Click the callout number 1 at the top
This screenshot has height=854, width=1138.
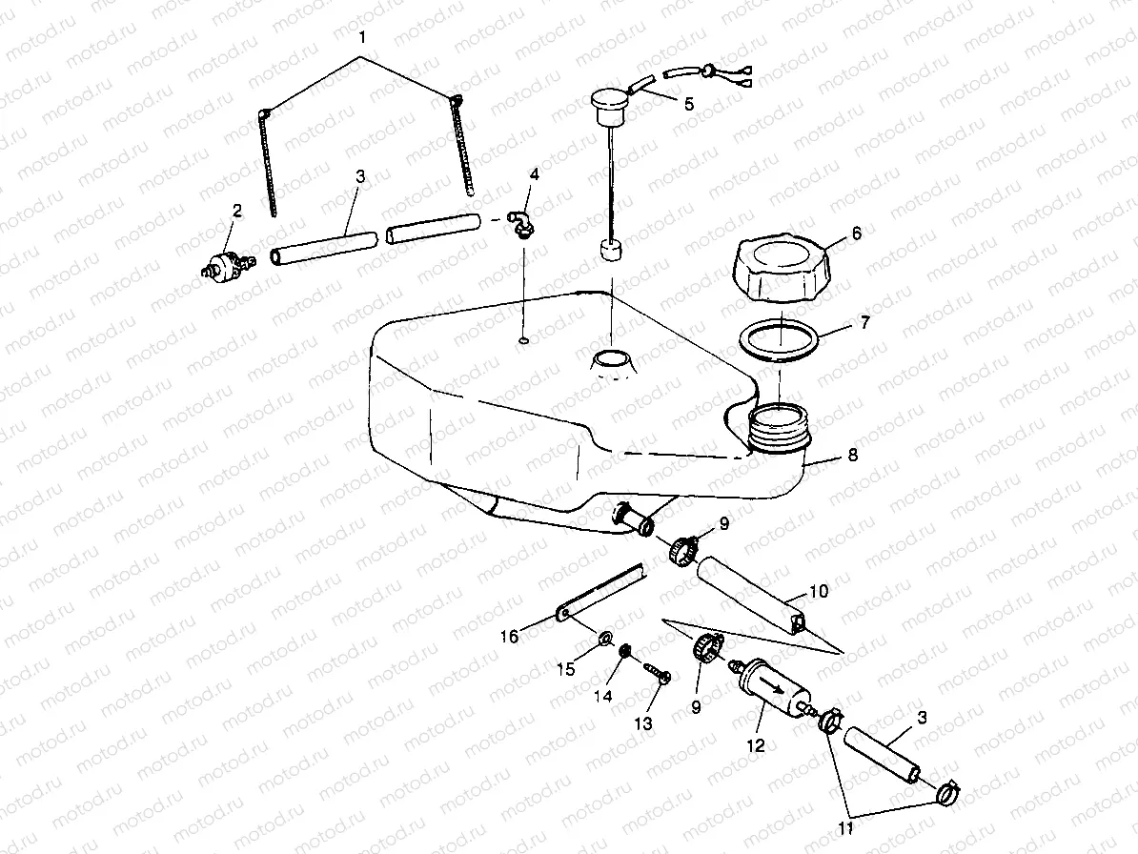(360, 38)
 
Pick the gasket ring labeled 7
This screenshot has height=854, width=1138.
(780, 338)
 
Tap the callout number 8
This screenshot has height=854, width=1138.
(852, 456)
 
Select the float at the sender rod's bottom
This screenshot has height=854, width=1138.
(611, 253)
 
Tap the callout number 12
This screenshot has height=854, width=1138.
(755, 746)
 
